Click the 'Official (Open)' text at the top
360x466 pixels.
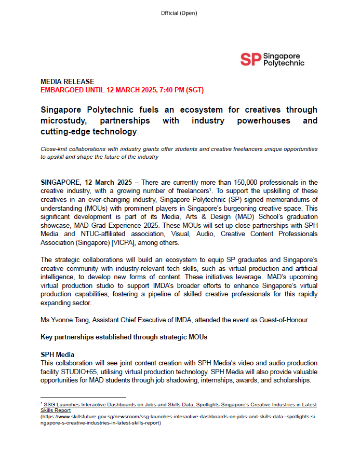point(179,13)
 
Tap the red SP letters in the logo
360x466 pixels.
point(250,60)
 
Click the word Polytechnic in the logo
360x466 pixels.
point(284,63)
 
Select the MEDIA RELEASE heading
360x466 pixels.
point(68,81)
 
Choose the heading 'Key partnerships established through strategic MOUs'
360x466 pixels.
point(124,337)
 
